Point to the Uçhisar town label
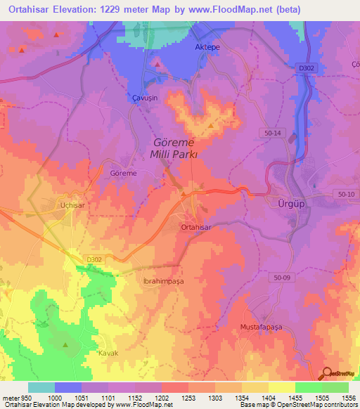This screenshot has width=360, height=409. tap(72, 203)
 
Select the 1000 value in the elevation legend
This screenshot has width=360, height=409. tap(53, 398)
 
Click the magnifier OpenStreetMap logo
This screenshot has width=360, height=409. tap(328, 373)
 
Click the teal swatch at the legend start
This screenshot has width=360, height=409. tap(41, 387)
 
